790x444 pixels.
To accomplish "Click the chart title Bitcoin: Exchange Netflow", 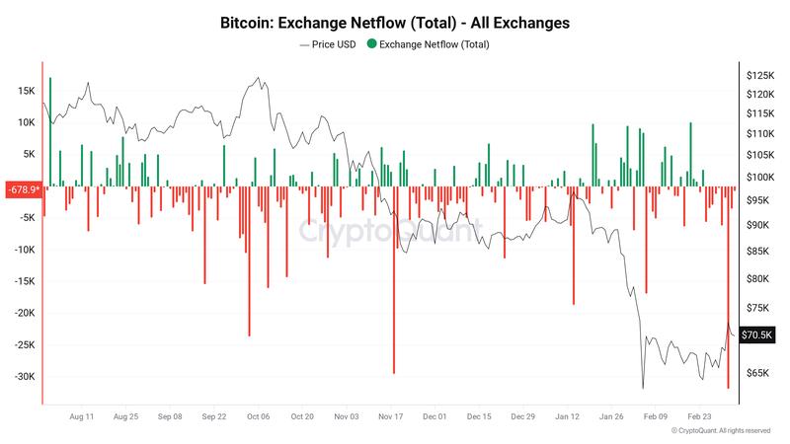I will pyautogui.click(x=395, y=22).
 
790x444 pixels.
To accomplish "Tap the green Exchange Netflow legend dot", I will pyautogui.click(x=371, y=44).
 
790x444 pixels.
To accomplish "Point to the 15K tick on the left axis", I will pyautogui.click(x=27, y=91).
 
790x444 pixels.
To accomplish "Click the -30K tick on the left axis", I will pyautogui.click(x=24, y=377).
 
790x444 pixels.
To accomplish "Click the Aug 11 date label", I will pyautogui.click(x=83, y=417).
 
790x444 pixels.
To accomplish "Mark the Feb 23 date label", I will pyautogui.click(x=699, y=417).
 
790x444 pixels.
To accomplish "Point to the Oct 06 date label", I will pyautogui.click(x=258, y=417).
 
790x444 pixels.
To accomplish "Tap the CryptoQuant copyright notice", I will pyautogui.click(x=720, y=431).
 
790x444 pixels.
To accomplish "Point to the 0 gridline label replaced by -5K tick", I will pyautogui.click(x=27, y=218).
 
